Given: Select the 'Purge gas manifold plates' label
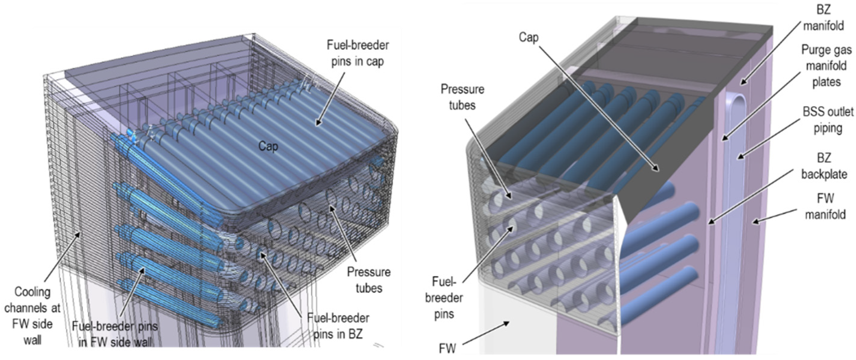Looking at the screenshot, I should pos(826,66).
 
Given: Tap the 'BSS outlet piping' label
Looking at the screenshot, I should pos(828,120).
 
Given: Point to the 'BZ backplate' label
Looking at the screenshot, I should pos(824,166).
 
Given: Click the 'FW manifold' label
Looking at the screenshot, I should pos(825,206).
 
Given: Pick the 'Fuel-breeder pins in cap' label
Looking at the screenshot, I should pos(358,53).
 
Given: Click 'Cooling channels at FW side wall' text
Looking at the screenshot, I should pos(32,316).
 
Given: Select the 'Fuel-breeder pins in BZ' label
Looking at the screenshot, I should pos(338,326).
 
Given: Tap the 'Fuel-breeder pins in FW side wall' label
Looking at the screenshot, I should pos(115,334).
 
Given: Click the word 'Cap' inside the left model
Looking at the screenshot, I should pos(268,146).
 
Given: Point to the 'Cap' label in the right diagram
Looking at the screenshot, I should pos(528,37).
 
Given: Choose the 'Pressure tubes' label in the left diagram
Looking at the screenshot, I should pos(368,280).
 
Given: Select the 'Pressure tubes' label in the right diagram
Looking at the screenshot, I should pos(462,97).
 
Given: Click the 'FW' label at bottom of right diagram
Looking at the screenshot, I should pos(447,348).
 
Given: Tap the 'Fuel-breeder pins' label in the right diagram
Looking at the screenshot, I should pos(444,298).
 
